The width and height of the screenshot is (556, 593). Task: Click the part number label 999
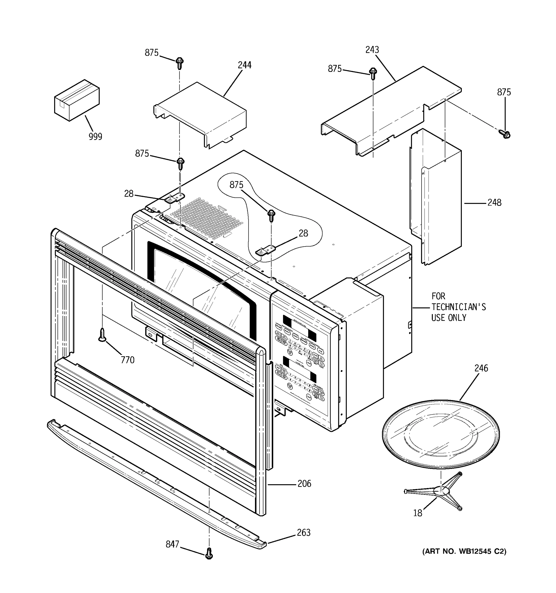point(95,137)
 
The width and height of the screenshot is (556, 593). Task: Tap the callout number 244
point(244,65)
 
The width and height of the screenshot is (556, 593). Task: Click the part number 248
point(494,203)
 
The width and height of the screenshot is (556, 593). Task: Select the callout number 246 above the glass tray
point(481,368)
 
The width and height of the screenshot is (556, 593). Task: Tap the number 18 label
point(418,513)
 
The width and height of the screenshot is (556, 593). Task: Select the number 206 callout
point(304,484)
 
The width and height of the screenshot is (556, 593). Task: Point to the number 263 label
point(303,532)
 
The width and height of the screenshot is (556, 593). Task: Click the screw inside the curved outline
point(271,215)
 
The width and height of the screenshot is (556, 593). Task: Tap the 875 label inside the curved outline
point(236,185)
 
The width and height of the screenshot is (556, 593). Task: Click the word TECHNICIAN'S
point(458,307)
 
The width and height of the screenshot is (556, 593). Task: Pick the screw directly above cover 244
point(179,63)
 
